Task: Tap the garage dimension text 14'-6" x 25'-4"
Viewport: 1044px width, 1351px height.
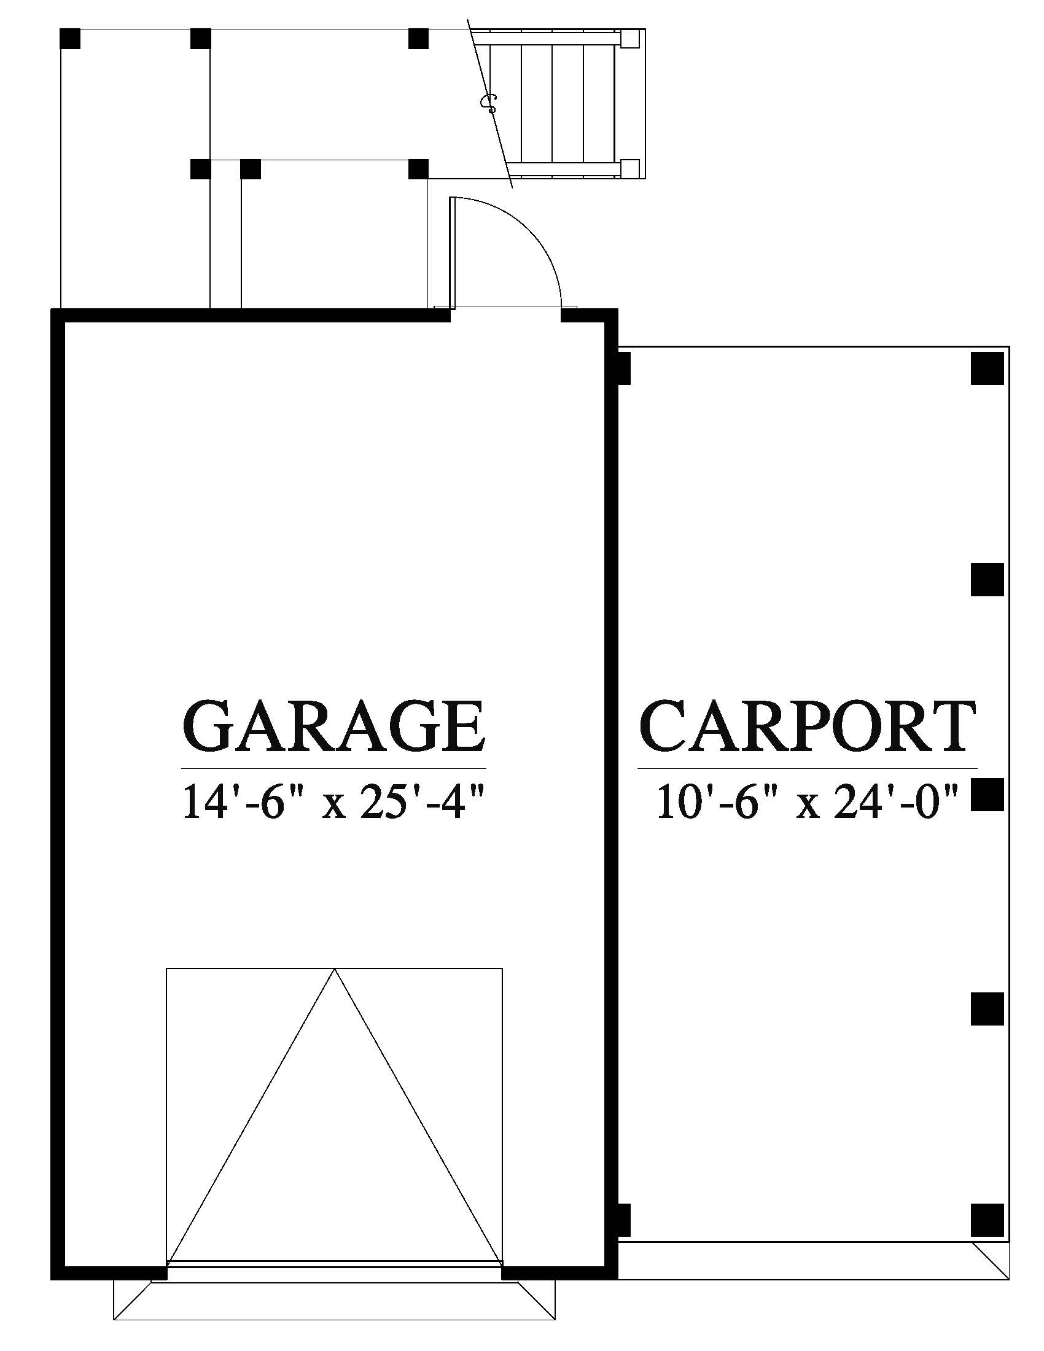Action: click(x=332, y=803)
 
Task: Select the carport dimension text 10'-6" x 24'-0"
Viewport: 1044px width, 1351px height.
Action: click(x=807, y=803)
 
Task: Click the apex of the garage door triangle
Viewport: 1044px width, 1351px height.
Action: click(x=335, y=969)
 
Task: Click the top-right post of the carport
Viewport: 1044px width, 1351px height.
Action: click(x=987, y=368)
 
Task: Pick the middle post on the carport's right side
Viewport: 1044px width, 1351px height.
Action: click(x=987, y=794)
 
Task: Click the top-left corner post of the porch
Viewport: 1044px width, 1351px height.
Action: click(x=70, y=38)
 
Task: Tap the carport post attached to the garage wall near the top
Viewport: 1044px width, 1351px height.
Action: click(x=623, y=368)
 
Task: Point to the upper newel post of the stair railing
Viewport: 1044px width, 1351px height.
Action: click(x=629, y=39)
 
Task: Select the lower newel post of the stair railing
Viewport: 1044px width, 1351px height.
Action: click(x=629, y=168)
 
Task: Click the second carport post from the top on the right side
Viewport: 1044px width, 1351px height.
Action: click(x=987, y=580)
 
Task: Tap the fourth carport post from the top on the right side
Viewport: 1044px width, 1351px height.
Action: click(x=987, y=1010)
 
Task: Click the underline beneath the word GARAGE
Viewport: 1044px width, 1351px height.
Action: click(x=333, y=768)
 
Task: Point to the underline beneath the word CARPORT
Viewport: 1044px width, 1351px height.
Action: click(x=807, y=768)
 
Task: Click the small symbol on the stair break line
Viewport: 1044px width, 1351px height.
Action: click(x=489, y=103)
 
